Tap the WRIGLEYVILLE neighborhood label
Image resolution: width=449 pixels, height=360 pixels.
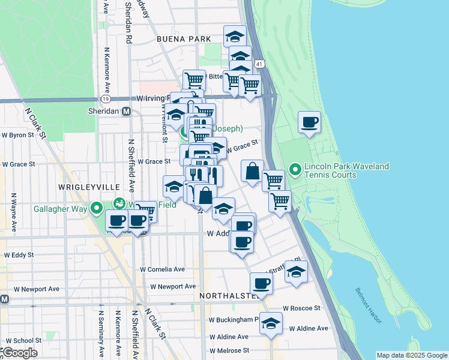(82, 187)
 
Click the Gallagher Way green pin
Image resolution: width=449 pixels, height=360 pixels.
(97, 208)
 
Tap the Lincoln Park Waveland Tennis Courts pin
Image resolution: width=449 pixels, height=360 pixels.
(295, 170)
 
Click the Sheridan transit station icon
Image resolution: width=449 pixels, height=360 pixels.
(126, 112)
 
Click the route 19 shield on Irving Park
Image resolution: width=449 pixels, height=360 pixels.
(106, 98)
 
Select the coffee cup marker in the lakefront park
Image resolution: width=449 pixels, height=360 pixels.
(310, 123)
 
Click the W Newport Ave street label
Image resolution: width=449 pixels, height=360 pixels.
(173, 287)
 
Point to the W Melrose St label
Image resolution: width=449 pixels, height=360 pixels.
(229, 350)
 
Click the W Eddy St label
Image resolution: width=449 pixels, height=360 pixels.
(19, 255)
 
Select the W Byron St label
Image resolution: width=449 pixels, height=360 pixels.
(18, 136)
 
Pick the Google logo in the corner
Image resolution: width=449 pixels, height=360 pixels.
(20, 352)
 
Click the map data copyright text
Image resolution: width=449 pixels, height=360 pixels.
(411, 355)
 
